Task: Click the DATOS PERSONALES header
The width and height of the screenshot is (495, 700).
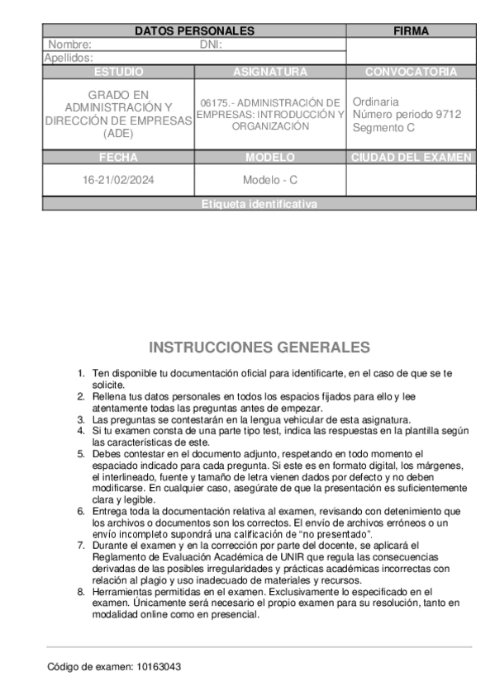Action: click(194, 31)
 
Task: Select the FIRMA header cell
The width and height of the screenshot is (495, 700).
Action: click(411, 31)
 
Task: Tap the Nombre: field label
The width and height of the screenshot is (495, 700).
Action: click(70, 45)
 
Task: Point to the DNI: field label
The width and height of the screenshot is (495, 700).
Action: click(212, 45)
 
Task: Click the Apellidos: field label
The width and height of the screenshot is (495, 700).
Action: click(68, 58)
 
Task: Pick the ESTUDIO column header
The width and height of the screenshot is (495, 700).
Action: click(118, 72)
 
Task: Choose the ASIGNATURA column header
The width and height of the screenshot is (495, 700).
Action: click(270, 72)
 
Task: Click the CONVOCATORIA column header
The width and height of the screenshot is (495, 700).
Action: click(411, 72)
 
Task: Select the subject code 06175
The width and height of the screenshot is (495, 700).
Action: click(213, 103)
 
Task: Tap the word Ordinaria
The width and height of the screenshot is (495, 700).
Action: click(376, 102)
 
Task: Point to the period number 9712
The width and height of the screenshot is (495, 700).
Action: click(449, 114)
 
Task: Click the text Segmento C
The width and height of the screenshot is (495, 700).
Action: click(383, 127)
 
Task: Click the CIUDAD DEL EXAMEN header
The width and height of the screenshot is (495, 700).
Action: click(411, 157)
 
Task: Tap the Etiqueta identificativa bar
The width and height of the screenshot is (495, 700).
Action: click(259, 204)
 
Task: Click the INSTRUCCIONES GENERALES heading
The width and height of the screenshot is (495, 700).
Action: click(259, 347)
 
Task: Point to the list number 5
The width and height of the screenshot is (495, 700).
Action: click(81, 454)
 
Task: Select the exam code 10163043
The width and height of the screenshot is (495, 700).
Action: click(160, 666)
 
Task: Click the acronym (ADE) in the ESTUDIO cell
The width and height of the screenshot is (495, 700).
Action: click(118, 134)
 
